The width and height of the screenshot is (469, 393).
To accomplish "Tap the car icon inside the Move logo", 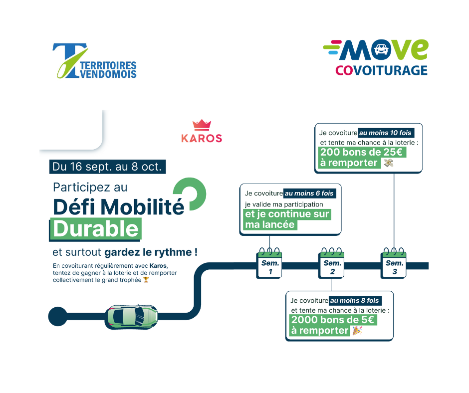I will [x=382, y=50].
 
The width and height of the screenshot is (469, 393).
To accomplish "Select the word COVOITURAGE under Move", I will [x=381, y=70].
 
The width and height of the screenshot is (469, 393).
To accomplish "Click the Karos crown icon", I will [x=201, y=125].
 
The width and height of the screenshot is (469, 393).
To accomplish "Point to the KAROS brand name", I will [x=202, y=138].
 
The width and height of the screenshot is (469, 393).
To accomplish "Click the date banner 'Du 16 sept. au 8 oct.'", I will [x=107, y=167].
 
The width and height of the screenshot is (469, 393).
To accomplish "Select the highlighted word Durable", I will [x=96, y=228].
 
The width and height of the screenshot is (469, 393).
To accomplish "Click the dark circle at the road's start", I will [x=57, y=316].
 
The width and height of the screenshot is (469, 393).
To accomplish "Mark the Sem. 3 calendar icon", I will [x=394, y=264].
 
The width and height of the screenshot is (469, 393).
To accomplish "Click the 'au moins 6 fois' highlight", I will [x=310, y=193].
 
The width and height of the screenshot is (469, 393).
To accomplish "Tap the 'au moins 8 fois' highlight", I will [x=355, y=301].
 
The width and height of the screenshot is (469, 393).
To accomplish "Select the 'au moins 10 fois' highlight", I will [x=386, y=133].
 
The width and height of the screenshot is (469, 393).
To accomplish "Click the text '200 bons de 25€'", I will [x=363, y=153].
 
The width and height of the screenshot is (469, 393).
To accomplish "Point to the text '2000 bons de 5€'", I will [x=333, y=320].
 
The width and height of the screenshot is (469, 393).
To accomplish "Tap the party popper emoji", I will [x=356, y=330].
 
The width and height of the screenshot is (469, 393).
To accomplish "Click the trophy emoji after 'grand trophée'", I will [x=146, y=280].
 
